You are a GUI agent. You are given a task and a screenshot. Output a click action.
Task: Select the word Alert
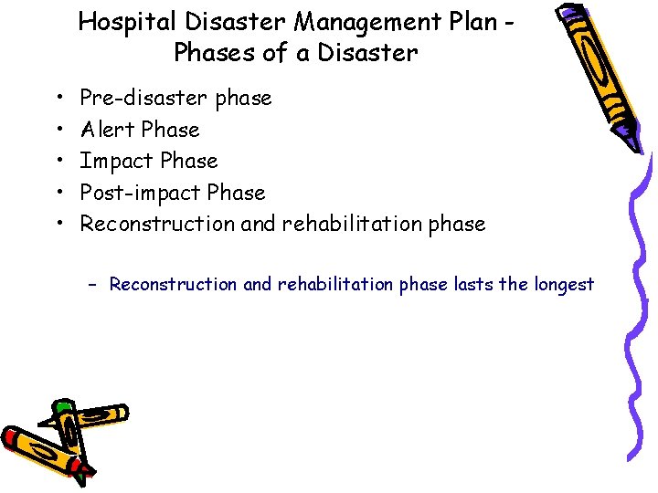point(108,130)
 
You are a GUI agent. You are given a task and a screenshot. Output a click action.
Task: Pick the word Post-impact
point(141,193)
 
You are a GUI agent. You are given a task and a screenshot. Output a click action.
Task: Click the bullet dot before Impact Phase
point(58,162)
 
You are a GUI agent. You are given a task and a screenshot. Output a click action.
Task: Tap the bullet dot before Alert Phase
point(58,131)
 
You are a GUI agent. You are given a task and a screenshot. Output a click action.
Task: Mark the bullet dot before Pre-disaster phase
point(58,99)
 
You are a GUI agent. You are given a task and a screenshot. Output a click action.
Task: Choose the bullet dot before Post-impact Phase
point(58,194)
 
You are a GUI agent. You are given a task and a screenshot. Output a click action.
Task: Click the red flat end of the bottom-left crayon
point(12,440)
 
